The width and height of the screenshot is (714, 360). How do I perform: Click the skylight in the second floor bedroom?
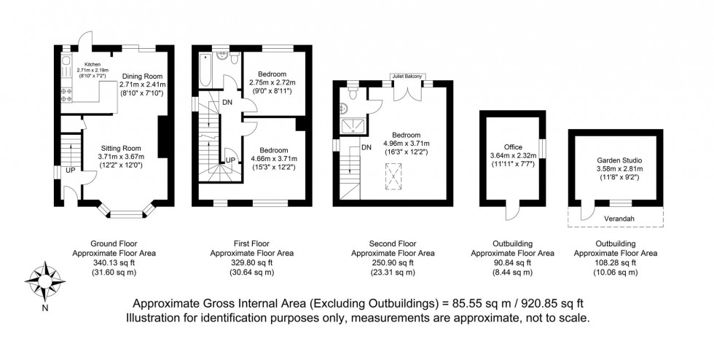(x=394, y=175)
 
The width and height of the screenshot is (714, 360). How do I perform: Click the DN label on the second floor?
(x=366, y=148)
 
